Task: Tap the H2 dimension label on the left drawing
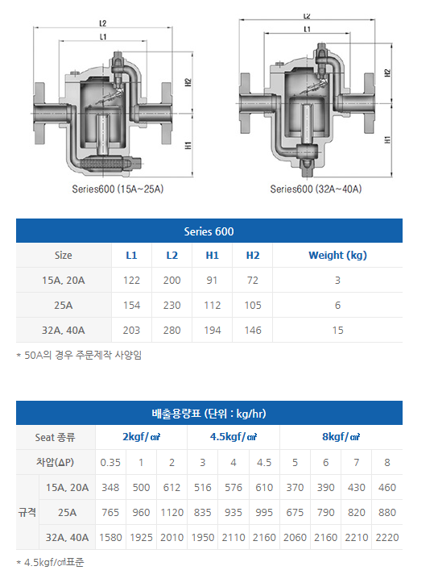point(187,81)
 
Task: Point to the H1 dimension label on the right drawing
point(387,139)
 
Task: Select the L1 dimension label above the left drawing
point(104,37)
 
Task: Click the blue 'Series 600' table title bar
point(209,231)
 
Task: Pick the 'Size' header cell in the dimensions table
point(64,255)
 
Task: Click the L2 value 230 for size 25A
point(172,305)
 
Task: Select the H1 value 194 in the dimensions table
point(213,330)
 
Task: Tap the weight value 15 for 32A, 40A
point(337,330)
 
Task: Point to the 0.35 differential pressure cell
point(110,462)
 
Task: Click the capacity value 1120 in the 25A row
point(172,512)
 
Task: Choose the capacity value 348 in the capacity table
point(110,487)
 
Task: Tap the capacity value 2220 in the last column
point(386,537)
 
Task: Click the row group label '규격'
point(27,512)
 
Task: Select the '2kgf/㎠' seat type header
point(141,437)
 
